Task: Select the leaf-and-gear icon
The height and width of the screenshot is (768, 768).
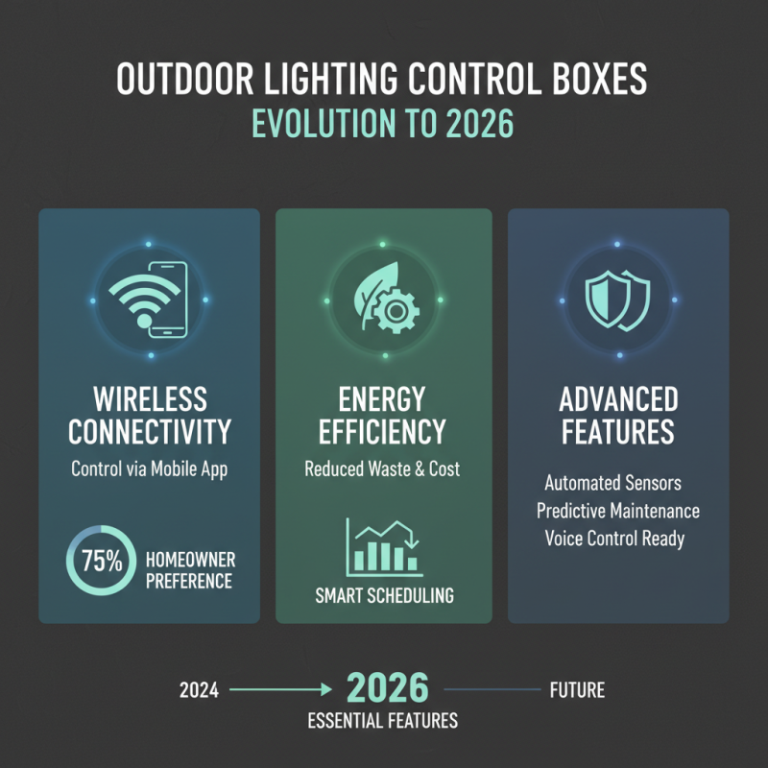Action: coord(384,300)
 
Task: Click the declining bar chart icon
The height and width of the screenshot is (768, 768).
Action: coord(383,546)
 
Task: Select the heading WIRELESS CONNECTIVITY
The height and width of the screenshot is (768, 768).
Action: coord(150,415)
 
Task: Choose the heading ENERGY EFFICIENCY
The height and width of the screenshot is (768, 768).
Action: coord(384,415)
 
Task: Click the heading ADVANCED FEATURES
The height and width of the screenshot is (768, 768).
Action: coord(618,415)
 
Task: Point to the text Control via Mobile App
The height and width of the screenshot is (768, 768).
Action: coord(149,469)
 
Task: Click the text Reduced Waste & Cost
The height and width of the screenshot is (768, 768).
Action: coord(383,469)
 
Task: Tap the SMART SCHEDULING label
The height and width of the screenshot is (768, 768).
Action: coord(384,595)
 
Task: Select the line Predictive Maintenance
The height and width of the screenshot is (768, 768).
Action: coord(618,510)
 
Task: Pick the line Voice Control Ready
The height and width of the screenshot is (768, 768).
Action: coord(614,538)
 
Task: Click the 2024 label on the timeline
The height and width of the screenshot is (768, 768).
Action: coord(200,690)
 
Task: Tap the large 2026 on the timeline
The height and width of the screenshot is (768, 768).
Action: coord(386,688)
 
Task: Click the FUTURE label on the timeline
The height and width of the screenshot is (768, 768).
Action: coord(577,690)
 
